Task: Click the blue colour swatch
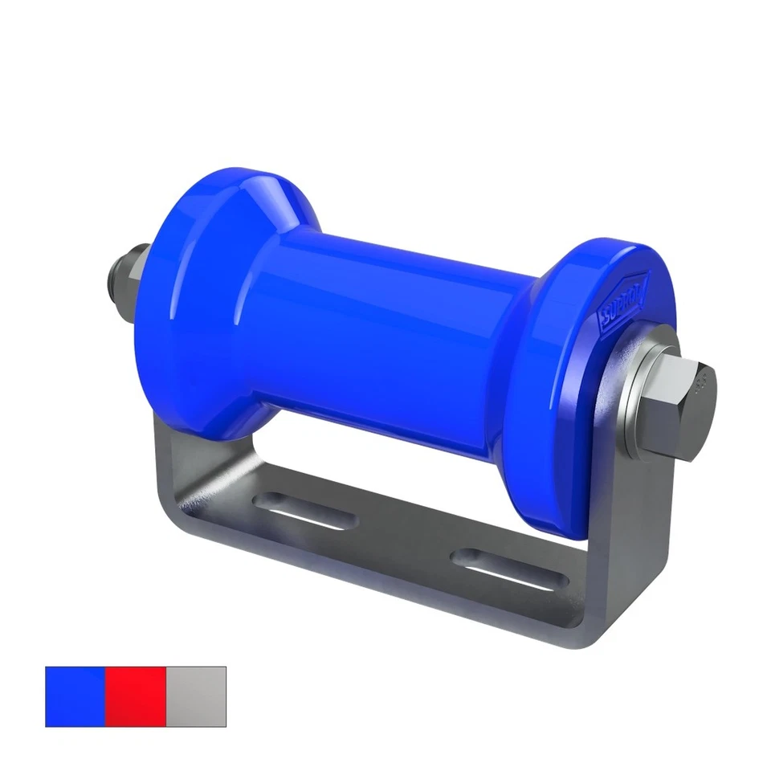[x=75, y=696]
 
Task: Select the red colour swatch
[x=135, y=696]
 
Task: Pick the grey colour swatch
[x=196, y=696]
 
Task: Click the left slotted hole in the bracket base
[x=305, y=511]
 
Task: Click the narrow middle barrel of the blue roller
[x=385, y=321]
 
